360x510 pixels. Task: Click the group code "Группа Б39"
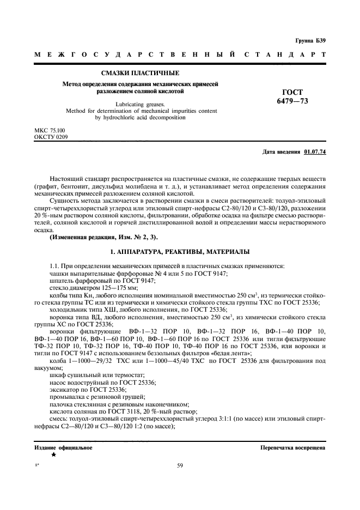(x=310, y=41)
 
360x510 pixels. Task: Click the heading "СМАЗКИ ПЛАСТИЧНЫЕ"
(x=141, y=73)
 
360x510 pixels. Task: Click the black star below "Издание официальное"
(x=53, y=454)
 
